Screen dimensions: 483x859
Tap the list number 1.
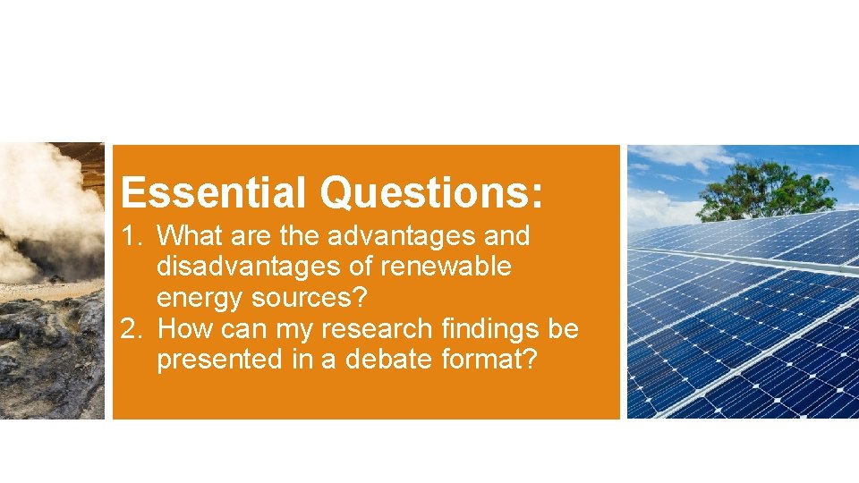131,237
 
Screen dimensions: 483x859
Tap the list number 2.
131,330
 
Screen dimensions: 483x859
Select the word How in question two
185,330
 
